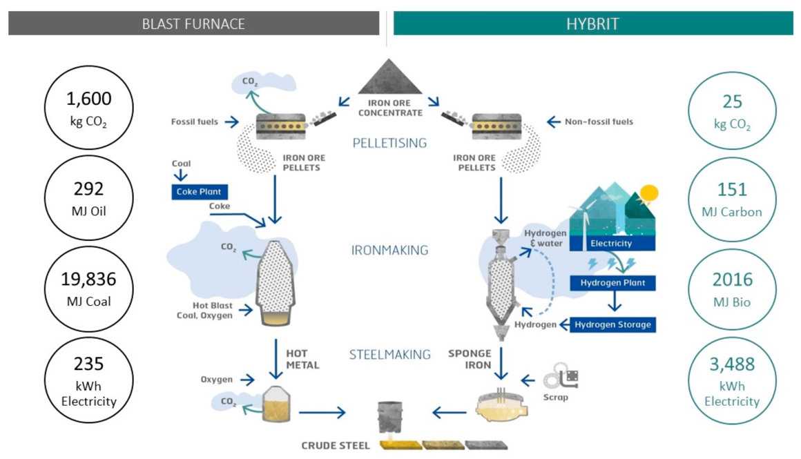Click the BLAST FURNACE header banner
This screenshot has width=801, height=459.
(193, 23)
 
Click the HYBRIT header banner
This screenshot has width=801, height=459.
(592, 23)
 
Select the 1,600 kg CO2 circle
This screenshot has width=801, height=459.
(88, 108)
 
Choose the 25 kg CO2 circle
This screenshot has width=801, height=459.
(732, 111)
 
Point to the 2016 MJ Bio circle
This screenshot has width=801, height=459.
(732, 289)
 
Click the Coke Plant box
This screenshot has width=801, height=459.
(200, 191)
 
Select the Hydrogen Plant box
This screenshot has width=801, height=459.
(612, 283)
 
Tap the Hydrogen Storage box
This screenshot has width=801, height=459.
(612, 324)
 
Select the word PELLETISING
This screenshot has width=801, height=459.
(389, 144)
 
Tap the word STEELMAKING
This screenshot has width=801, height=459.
(389, 355)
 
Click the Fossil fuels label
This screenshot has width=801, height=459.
(194, 122)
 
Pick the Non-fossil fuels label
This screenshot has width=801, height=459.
(599, 122)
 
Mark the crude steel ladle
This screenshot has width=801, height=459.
(389, 418)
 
